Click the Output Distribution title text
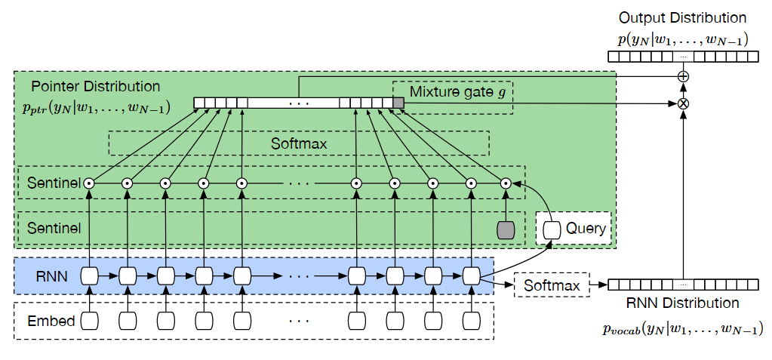[682, 17]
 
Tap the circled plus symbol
[683, 76]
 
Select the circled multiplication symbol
[683, 103]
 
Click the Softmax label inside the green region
[298, 143]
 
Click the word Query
[586, 228]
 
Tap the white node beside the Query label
[552, 229]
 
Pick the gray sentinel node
[506, 229]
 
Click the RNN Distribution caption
[682, 303]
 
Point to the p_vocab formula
[682, 329]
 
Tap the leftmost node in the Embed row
[90, 321]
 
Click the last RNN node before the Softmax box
[472, 277]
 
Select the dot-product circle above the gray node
[506, 183]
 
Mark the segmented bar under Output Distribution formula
[682, 57]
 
